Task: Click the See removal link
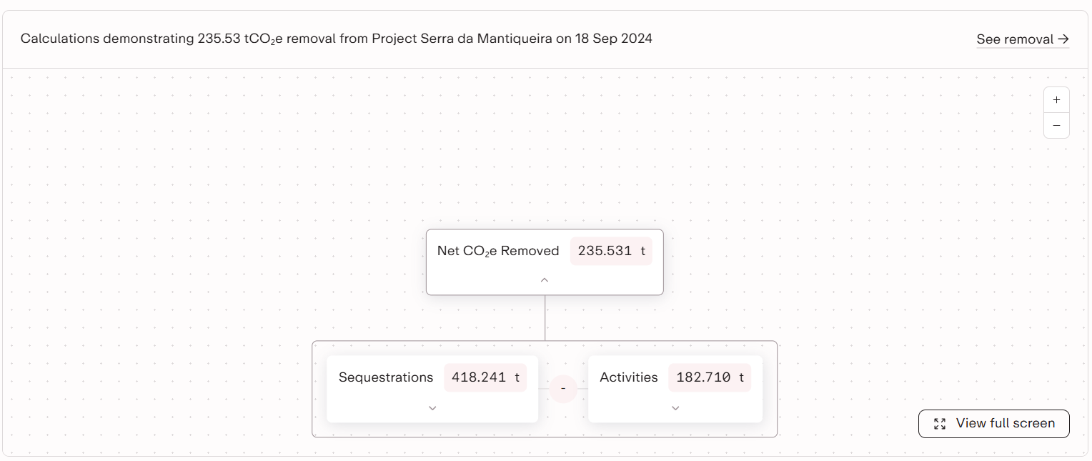coord(1022,39)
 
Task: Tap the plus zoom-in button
coord(1056,100)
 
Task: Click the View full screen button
coord(993,423)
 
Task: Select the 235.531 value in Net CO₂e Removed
coord(605,251)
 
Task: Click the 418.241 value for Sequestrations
coord(479,377)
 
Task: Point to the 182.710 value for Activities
coord(703,377)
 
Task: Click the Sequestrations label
coord(386,377)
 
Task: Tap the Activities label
coord(629,377)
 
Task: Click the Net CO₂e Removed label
coord(498,251)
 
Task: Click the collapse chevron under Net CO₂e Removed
coord(545,279)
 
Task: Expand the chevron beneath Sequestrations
coord(432,407)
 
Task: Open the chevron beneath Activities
coord(675,407)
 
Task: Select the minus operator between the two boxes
coord(563,389)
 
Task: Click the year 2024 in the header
coord(636,39)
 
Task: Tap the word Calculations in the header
coord(60,39)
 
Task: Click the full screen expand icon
coord(940,424)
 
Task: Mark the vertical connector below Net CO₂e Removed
coord(545,318)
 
